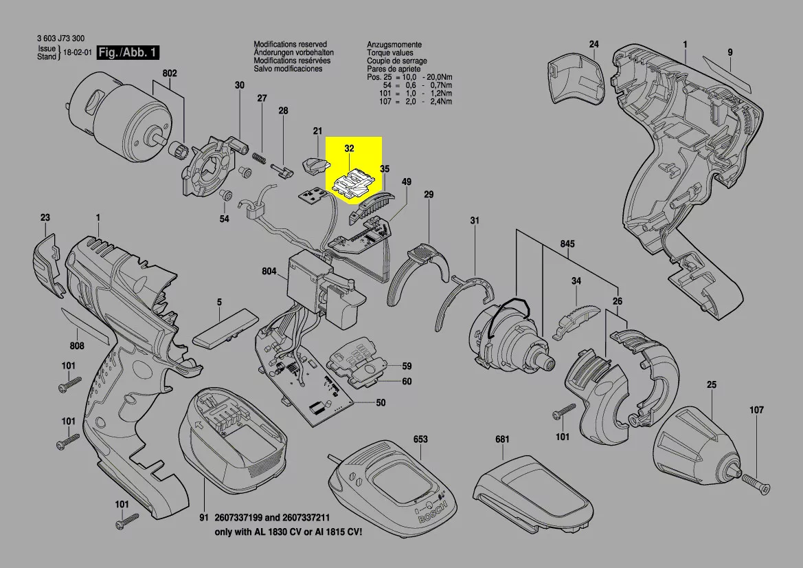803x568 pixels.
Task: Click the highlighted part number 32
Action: click(349, 148)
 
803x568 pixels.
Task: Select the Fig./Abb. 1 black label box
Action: click(128, 53)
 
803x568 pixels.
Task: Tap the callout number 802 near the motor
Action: click(170, 74)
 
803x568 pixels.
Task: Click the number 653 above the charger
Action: click(420, 439)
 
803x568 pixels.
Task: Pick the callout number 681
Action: click(502, 439)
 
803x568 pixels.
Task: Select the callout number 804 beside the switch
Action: click(269, 272)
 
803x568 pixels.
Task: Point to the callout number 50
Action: click(380, 402)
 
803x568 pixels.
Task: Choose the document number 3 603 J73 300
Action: click(61, 40)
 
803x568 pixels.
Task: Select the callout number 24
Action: click(594, 45)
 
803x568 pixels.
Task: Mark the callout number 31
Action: click(474, 221)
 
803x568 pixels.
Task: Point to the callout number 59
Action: click(407, 366)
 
